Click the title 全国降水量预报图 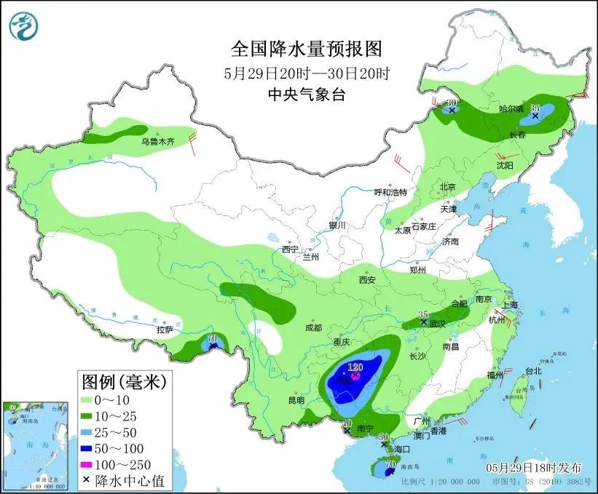click(306, 49)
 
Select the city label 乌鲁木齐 click(158, 143)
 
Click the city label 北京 click(447, 187)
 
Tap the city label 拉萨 click(165, 330)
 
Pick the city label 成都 click(314, 327)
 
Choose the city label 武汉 click(437, 323)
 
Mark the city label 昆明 click(295, 400)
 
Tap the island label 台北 click(533, 370)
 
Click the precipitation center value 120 click(355, 367)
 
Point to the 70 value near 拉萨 click(213, 338)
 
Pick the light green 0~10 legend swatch click(91, 399)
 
